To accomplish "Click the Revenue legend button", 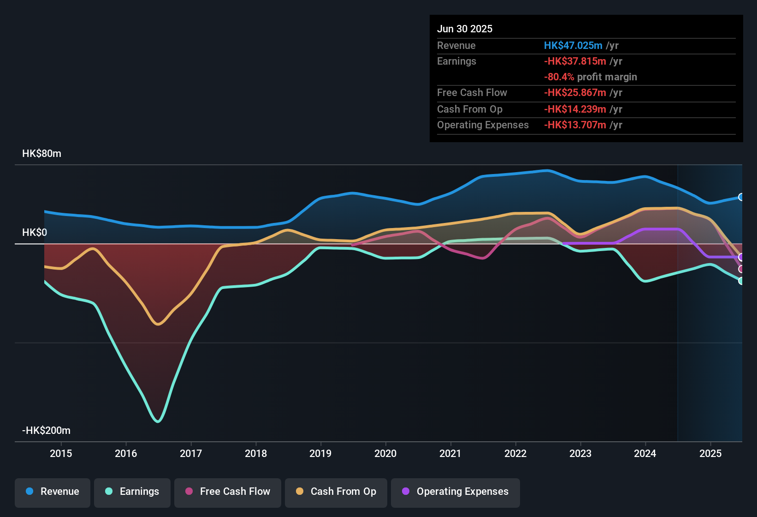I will [53, 492].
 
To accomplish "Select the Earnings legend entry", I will [132, 492].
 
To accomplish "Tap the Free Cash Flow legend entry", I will [228, 492].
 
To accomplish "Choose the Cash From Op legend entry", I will [336, 492].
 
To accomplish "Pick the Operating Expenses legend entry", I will [455, 492].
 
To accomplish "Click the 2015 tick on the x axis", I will [61, 453].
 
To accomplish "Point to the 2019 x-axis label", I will [320, 453].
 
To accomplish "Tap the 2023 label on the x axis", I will [580, 453].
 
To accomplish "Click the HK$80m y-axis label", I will [41, 154].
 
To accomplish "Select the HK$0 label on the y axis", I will [35, 233].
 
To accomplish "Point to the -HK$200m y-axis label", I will [46, 431].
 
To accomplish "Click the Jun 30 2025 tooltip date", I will [465, 29].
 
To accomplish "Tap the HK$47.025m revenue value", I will [573, 46].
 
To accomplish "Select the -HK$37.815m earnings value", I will [575, 61].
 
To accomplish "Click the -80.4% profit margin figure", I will [559, 77].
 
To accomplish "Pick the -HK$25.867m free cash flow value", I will [575, 93].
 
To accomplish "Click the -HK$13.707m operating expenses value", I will [575, 125].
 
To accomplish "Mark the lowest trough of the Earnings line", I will [158, 421].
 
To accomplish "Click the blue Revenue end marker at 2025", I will [741, 197].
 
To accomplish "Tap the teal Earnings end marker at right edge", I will [741, 281].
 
